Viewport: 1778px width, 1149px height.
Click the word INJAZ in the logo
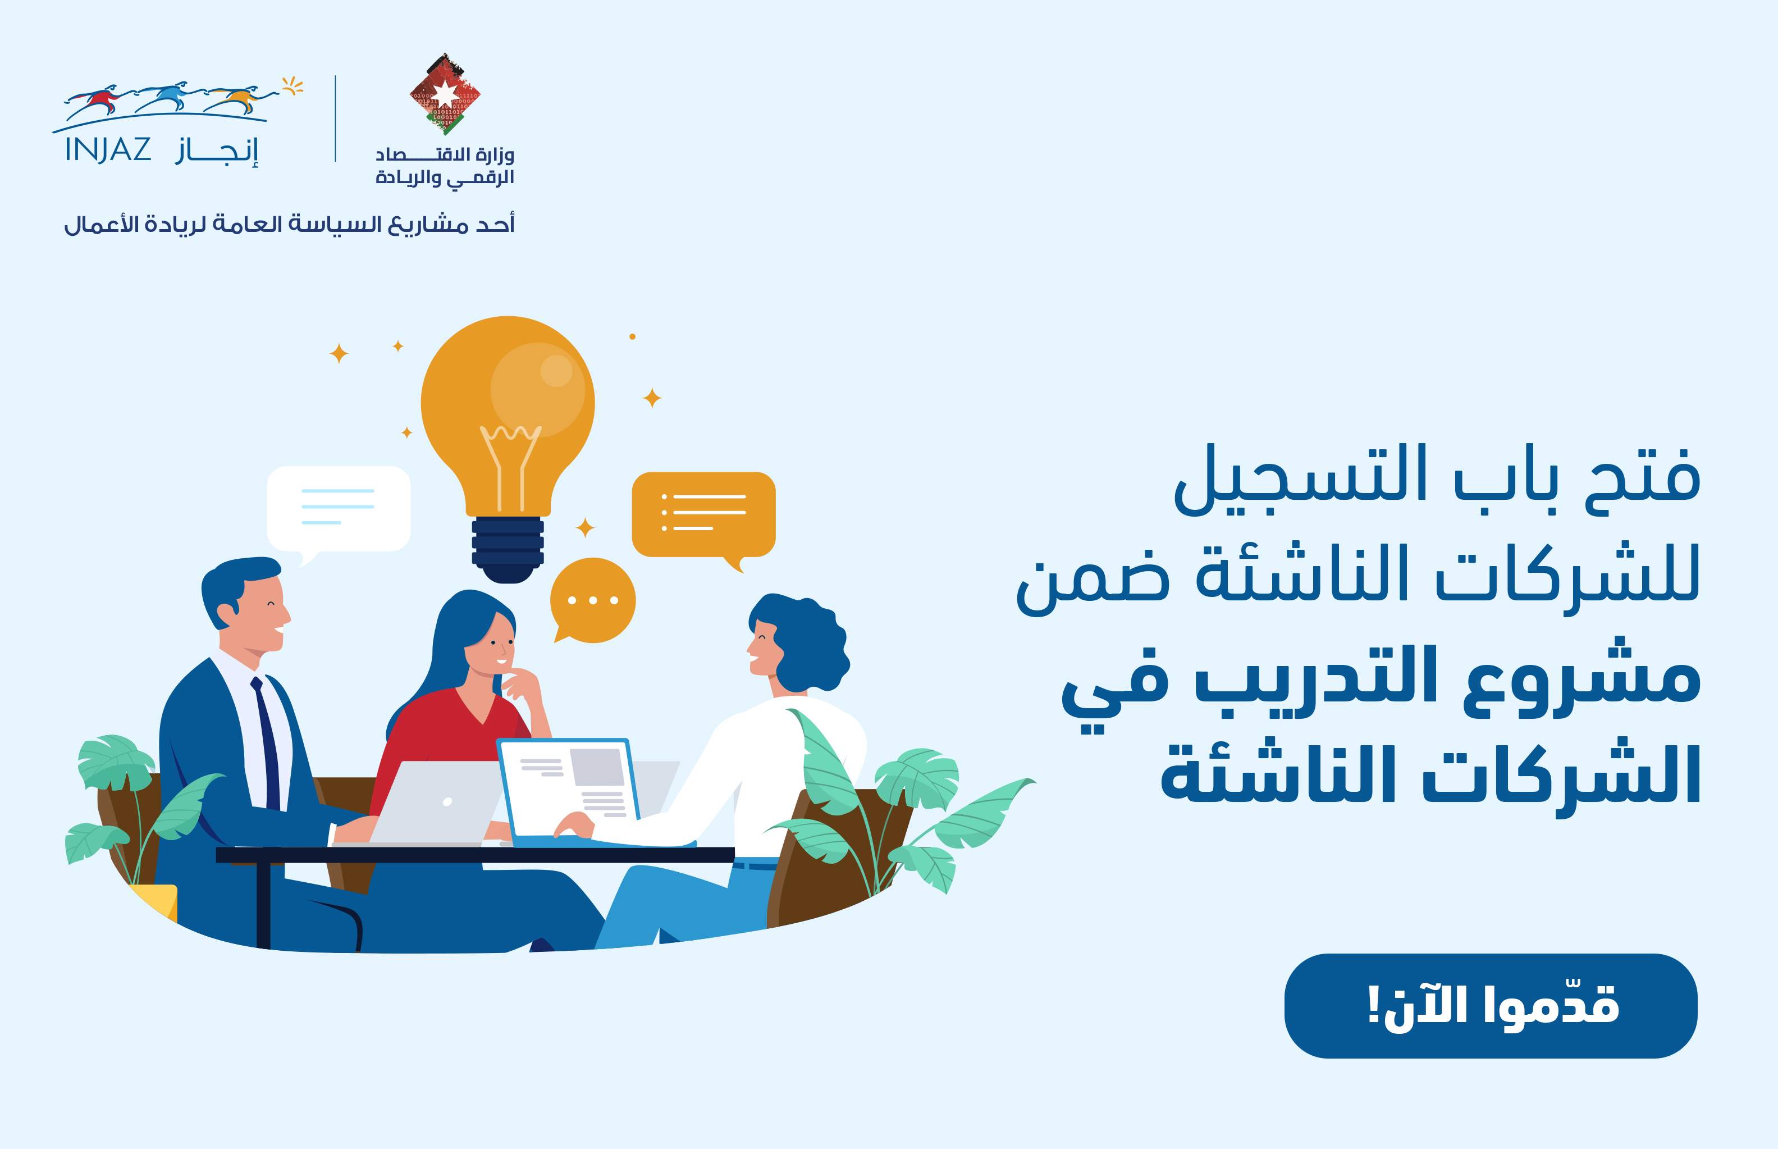pos(108,150)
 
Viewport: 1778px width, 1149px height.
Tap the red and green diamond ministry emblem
pos(445,94)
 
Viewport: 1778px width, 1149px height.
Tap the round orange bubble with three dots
pos(593,601)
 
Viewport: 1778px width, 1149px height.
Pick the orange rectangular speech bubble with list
pos(703,513)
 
